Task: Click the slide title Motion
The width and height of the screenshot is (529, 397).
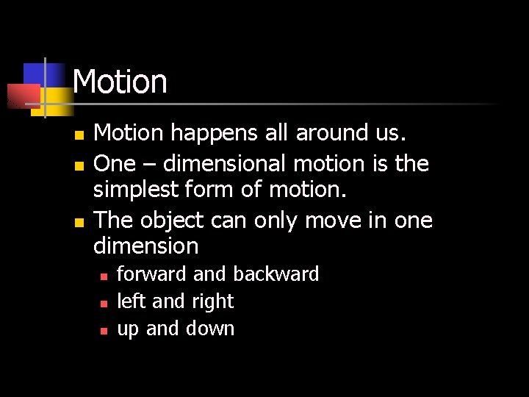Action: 120,82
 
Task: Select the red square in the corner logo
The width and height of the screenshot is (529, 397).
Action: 22,96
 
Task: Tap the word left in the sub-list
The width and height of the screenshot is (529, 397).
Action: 132,301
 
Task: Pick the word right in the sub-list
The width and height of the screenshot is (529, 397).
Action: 212,302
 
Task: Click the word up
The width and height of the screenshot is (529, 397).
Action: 128,329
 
